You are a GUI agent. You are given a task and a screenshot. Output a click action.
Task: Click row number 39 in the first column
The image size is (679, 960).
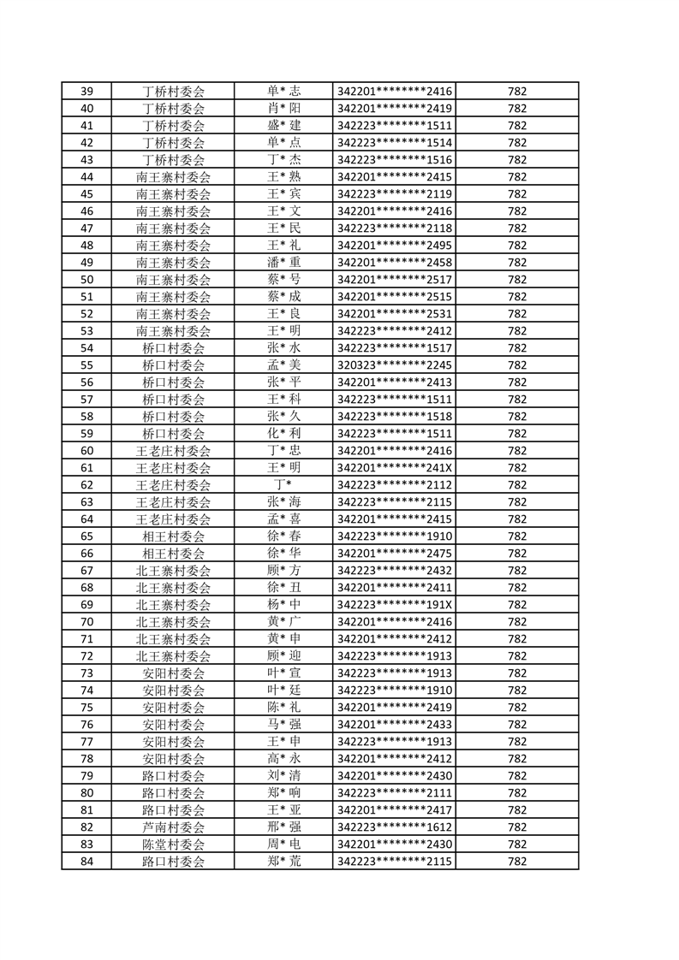pyautogui.click(x=86, y=92)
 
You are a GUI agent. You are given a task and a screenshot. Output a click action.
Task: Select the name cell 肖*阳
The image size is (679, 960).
pyautogui.click(x=283, y=109)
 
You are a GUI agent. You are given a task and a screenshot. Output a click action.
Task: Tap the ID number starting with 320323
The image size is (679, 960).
pyautogui.click(x=394, y=365)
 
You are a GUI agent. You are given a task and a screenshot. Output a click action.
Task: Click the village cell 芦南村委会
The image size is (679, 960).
pyautogui.click(x=173, y=827)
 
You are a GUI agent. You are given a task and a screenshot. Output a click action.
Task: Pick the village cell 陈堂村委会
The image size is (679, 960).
pyautogui.click(x=173, y=844)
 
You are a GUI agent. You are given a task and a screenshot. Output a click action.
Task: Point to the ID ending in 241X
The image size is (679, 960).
pyautogui.click(x=394, y=468)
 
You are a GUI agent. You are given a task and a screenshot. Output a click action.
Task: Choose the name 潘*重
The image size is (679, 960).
pyautogui.click(x=283, y=263)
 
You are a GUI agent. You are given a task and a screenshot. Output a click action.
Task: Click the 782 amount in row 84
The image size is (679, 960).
pyautogui.click(x=516, y=862)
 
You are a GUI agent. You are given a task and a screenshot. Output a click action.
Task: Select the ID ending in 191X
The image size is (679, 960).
pyautogui.click(x=394, y=605)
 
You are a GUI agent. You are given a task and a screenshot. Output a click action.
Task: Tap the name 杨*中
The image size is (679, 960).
pyautogui.click(x=283, y=605)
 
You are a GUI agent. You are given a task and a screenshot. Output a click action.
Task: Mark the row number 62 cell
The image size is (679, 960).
pyautogui.click(x=86, y=485)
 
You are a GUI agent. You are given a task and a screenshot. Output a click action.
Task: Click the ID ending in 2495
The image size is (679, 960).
pyautogui.click(x=394, y=246)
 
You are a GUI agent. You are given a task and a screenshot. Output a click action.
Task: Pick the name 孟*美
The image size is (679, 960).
pyautogui.click(x=283, y=365)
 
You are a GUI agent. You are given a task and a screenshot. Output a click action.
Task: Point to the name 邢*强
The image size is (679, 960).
pyautogui.click(x=283, y=827)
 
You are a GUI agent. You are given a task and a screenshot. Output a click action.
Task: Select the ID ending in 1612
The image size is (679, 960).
pyautogui.click(x=394, y=827)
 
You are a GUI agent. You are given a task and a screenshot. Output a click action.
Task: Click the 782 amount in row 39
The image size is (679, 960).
pyautogui.click(x=516, y=92)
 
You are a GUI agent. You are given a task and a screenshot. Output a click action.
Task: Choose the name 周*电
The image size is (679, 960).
pyautogui.click(x=283, y=844)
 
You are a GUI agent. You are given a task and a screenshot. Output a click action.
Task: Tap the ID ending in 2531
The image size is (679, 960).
pyautogui.click(x=394, y=314)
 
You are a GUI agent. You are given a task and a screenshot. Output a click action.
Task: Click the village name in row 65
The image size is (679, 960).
pyautogui.click(x=173, y=536)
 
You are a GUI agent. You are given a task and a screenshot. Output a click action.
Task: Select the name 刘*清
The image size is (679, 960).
pyautogui.click(x=283, y=776)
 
